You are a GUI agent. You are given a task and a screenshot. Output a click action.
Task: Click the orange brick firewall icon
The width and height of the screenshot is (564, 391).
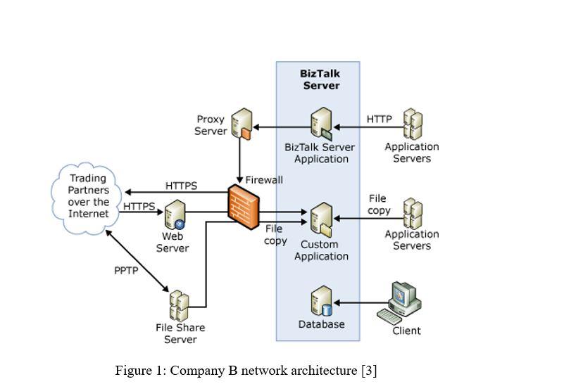tap(244, 204)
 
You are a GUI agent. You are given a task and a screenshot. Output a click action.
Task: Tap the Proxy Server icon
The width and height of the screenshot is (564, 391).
tap(242, 124)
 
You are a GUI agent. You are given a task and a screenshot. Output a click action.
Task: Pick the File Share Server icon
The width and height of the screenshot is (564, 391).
tap(179, 306)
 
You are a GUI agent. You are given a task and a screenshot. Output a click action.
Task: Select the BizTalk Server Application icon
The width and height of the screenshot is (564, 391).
tap(321, 124)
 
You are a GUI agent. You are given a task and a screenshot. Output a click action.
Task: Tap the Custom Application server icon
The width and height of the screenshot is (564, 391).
tap(321, 219)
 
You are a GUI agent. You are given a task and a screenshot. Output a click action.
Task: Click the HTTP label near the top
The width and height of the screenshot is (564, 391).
tap(380, 119)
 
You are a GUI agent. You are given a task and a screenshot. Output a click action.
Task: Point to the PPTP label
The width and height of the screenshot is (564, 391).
tap(126, 271)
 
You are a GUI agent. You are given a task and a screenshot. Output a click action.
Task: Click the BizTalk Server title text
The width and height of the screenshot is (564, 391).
tap(321, 79)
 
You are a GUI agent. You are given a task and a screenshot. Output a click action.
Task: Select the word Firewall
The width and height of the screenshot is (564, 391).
tap(264, 180)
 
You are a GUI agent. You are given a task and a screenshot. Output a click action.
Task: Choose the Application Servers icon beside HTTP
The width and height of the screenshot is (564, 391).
tap(413, 124)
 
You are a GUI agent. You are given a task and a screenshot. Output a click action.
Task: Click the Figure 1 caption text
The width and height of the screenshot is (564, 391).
tap(246, 371)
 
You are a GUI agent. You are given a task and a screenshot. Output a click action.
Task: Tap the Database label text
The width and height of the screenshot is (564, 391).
tap(321, 325)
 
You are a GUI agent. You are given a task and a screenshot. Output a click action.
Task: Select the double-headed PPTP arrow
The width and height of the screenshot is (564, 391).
tap(138, 261)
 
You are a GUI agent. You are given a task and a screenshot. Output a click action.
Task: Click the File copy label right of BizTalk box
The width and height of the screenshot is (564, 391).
tap(379, 205)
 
